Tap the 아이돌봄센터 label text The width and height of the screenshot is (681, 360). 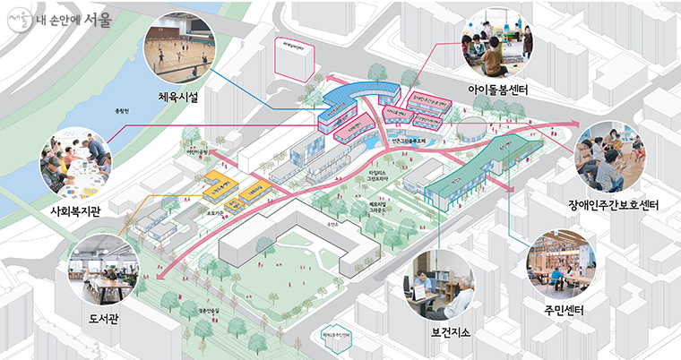[497, 90]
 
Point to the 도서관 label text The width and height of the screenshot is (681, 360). [108, 316]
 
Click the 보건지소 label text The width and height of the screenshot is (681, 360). [451, 333]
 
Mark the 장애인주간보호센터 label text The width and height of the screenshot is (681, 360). [614, 205]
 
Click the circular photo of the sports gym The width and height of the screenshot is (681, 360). [179, 46]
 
